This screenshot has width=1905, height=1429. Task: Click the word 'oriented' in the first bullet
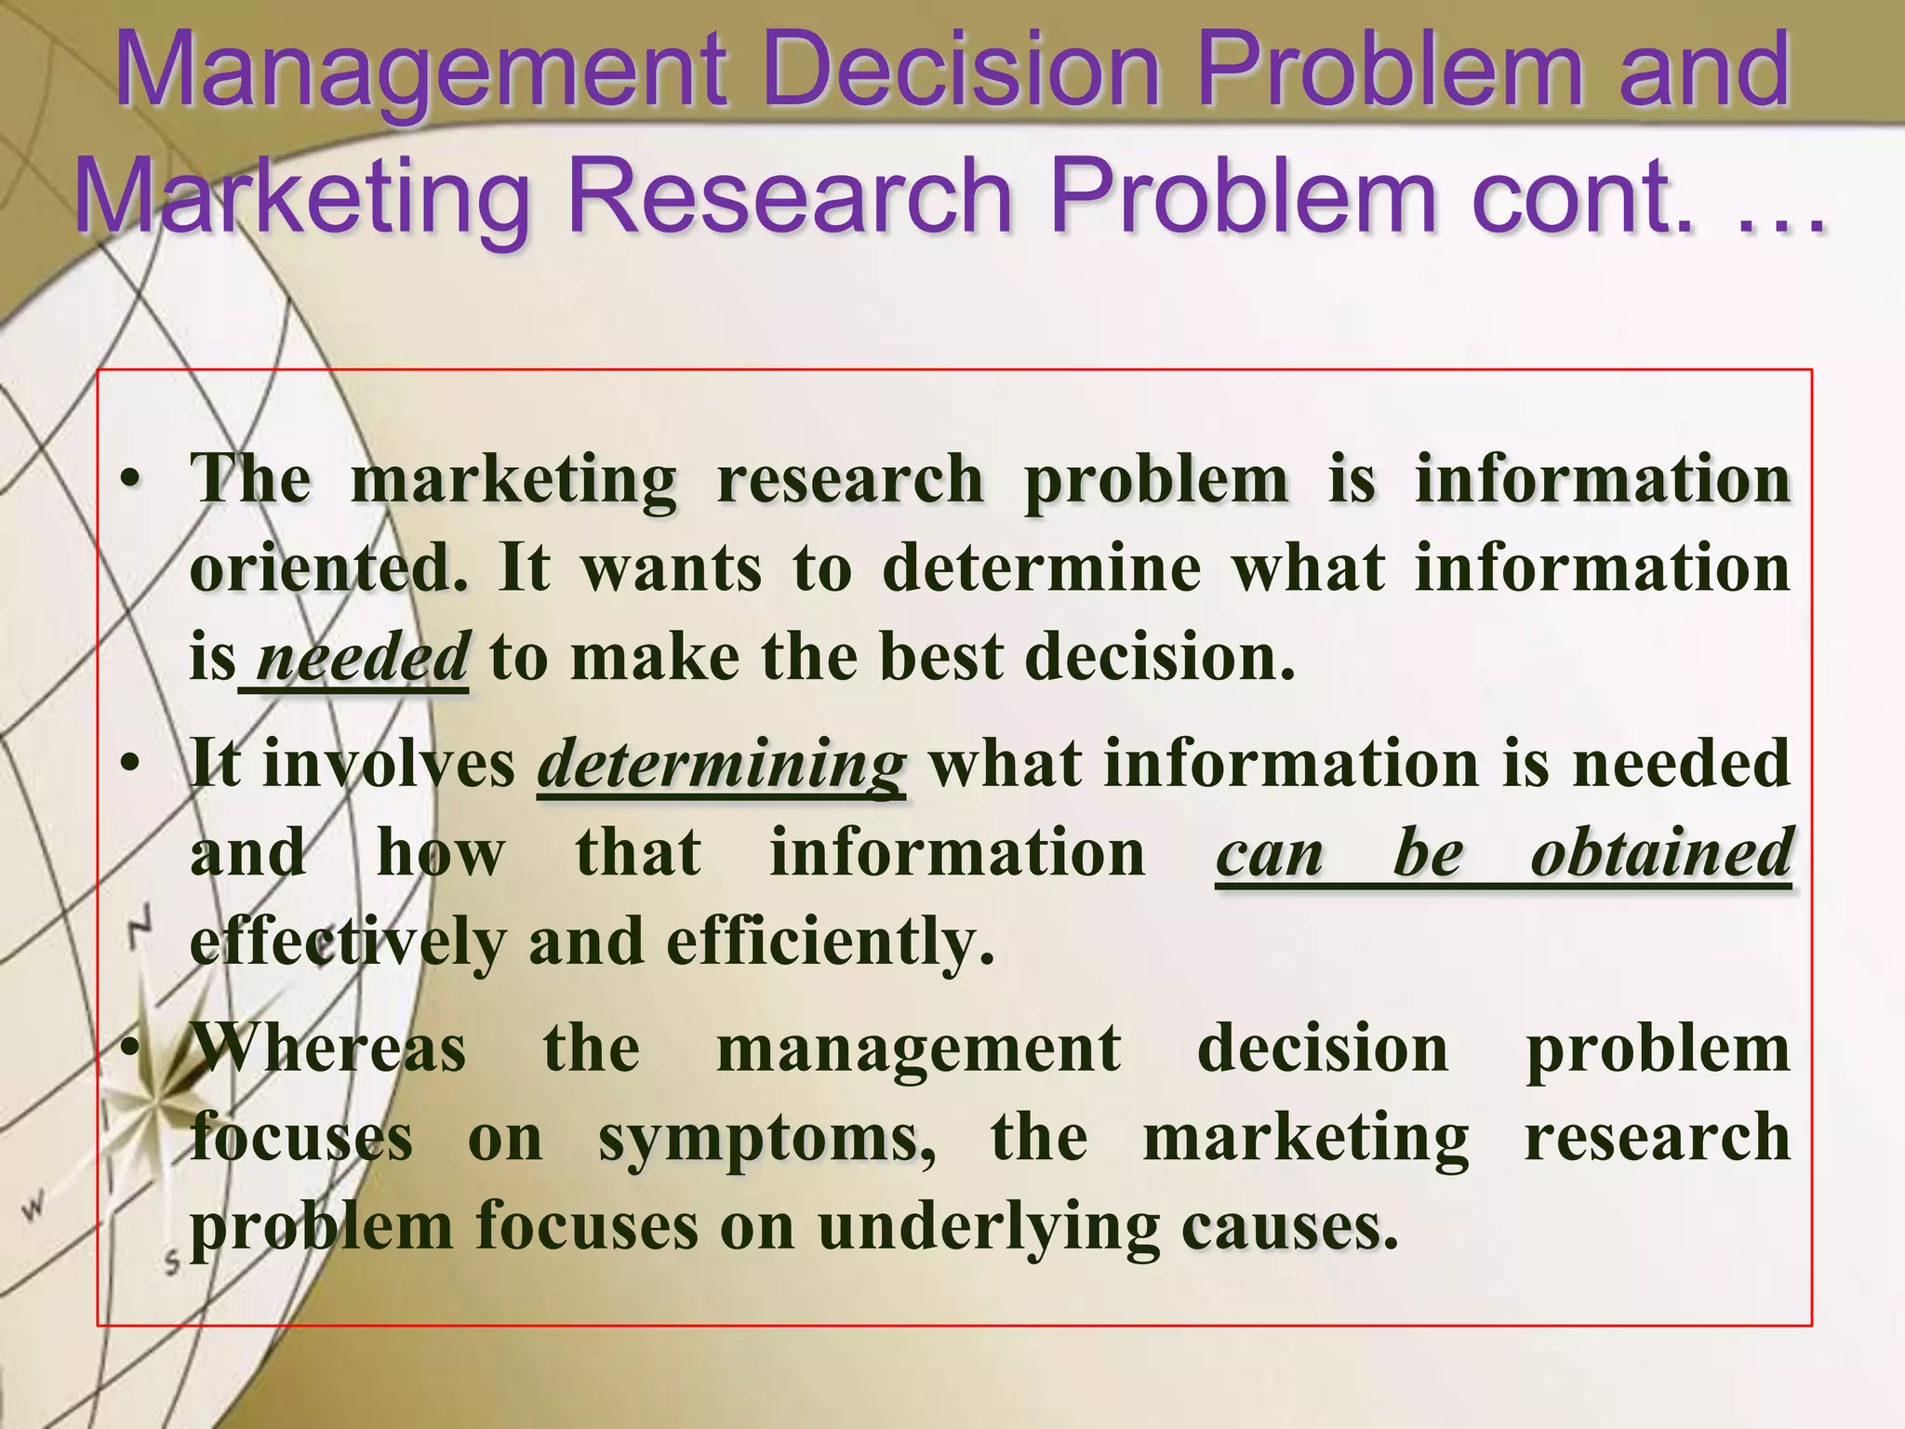[x=328, y=568]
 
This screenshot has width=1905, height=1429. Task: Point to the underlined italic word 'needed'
[x=362, y=657]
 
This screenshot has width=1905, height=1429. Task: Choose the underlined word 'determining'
[x=721, y=764]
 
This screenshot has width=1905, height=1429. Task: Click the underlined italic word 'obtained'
[x=1661, y=852]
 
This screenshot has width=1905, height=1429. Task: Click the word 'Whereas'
[x=328, y=1048]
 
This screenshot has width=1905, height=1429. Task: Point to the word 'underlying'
[x=989, y=1227]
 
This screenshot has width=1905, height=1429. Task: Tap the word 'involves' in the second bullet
[x=389, y=764]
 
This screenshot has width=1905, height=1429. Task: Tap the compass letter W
[x=34, y=1209]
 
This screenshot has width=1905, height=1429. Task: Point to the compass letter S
[x=172, y=1262]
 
